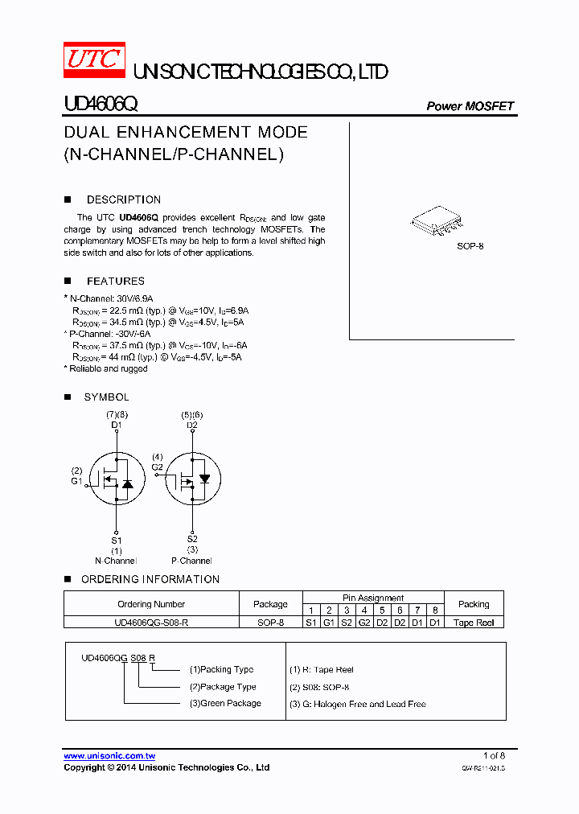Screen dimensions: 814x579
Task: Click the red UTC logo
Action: click(94, 61)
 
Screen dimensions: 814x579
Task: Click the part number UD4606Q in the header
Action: click(101, 105)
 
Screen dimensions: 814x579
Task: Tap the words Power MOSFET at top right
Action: click(470, 106)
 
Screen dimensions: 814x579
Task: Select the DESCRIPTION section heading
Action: click(123, 199)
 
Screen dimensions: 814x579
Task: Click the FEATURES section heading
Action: click(115, 281)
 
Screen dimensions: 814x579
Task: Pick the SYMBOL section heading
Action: click(106, 397)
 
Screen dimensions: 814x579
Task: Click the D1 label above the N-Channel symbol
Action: click(117, 425)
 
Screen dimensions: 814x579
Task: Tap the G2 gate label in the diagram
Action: click(157, 467)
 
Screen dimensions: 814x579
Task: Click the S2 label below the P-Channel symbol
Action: click(192, 539)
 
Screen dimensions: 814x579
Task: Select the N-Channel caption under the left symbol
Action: click(116, 561)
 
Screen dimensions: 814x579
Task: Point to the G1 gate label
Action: click(76, 481)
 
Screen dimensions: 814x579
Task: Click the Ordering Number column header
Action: click(151, 604)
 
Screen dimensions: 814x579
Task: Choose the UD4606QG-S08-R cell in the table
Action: click(151, 623)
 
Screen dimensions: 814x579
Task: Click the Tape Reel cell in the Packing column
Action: click(474, 623)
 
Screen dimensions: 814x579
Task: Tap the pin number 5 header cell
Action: click(382, 610)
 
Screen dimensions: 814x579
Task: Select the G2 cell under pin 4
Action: click(363, 623)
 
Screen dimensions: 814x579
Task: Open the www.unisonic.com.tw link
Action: click(109, 756)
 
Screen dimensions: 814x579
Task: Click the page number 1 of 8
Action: click(494, 755)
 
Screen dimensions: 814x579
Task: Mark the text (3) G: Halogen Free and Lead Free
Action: click(357, 704)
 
